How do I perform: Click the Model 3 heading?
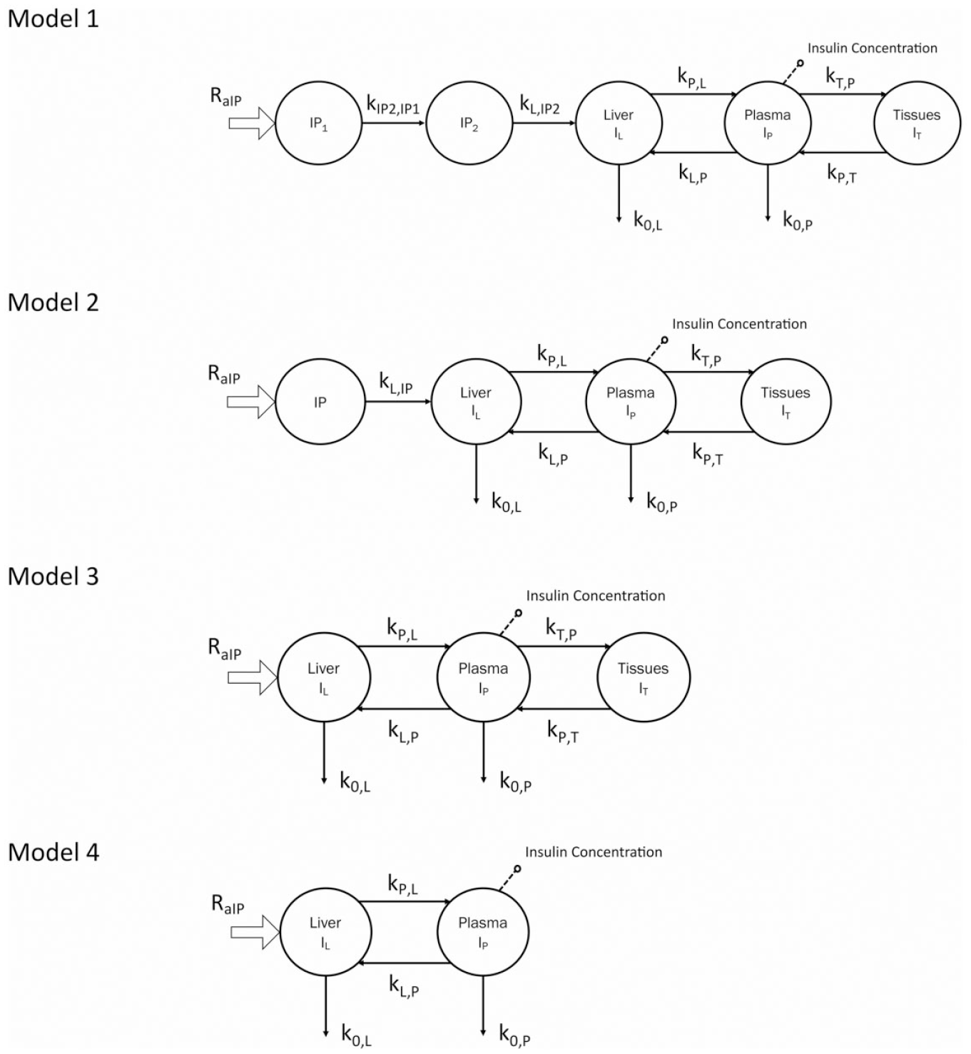tap(53, 577)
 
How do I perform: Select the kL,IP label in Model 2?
tap(396, 383)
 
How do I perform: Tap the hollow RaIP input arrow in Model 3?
tap(253, 678)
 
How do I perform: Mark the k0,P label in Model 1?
tap(798, 221)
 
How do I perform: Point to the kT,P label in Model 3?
tap(561, 629)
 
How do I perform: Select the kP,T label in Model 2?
tap(708, 454)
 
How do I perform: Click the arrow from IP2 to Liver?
tap(544, 123)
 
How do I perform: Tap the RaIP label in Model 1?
tap(226, 96)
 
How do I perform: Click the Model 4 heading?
tap(53, 852)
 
